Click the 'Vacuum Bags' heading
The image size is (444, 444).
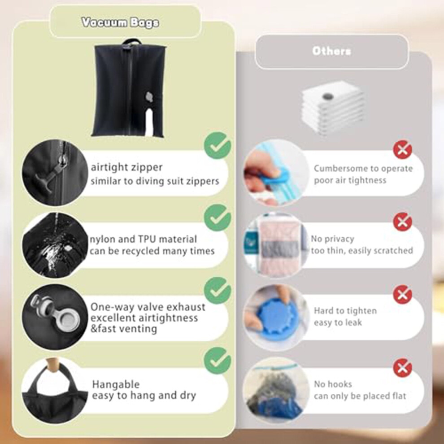pos(120,22)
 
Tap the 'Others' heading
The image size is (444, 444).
pos(331,51)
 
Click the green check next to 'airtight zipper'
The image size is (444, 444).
pos(218,145)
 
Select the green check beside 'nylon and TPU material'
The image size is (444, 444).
pos(218,218)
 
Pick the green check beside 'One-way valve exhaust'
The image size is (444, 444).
pos(218,290)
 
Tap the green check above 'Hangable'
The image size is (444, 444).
pos(218,361)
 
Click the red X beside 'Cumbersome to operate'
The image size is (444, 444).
pos(402,149)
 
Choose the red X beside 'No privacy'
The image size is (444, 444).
pos(402,222)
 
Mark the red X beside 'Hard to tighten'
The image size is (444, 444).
pos(402,295)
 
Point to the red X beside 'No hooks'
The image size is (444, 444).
pos(402,368)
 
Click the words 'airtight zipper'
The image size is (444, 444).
pos(126,167)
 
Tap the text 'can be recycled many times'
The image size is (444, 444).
pos(152,251)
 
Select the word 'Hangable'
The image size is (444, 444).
pos(116,384)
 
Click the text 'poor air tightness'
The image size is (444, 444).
pos(350,180)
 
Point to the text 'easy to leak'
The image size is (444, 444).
pos(338,322)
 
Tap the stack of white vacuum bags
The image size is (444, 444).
pos(332,107)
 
